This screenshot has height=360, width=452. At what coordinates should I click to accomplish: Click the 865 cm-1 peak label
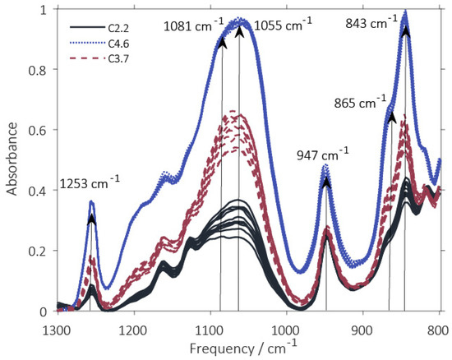click(362, 104)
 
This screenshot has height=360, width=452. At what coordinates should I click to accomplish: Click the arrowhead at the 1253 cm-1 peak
click(92, 219)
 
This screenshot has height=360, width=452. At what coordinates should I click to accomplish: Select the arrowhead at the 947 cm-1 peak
click(326, 182)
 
